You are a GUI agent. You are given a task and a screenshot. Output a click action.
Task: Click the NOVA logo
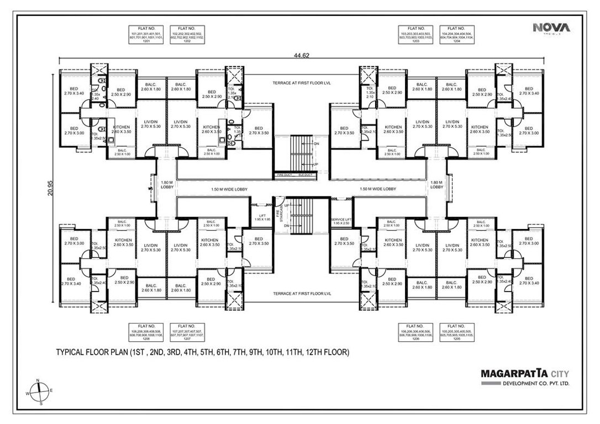tap(551, 28)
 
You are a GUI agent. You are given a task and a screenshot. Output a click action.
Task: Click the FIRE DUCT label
tap(284, 175)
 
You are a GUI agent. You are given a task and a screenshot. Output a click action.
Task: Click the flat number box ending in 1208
tap(146, 332)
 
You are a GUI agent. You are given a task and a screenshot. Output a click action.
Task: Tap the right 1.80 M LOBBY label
tap(436, 185)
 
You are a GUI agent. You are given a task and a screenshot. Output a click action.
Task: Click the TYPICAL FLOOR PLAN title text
tap(203, 352)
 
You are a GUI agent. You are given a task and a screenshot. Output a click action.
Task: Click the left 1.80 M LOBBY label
tap(167, 185)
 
